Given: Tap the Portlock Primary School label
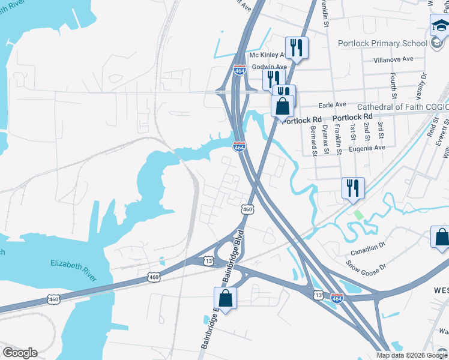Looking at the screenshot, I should click(383, 43).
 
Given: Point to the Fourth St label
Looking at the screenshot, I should click(394, 86).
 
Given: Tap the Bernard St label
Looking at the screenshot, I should click(313, 140).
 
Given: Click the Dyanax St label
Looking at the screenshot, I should click(326, 137).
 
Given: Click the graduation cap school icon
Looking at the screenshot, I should click(439, 26).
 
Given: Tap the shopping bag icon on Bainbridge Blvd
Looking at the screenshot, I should click(225, 298).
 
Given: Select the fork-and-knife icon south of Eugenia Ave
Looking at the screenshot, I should click(353, 187).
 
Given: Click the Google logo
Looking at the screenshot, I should click(20, 353).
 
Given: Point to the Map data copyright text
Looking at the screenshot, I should click(411, 355).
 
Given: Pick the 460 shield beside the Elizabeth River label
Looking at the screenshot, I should click(154, 277).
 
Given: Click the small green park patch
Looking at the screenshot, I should click(358, 214).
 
